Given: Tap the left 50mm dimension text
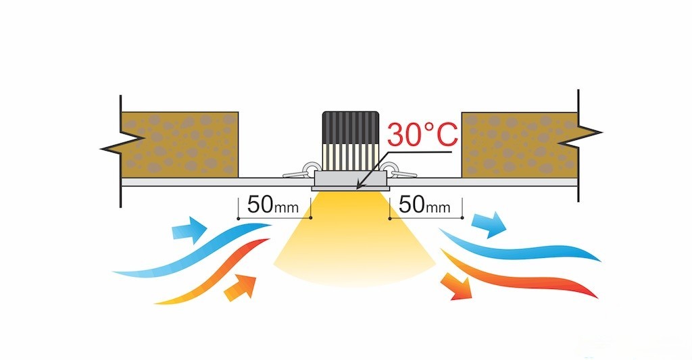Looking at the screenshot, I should [270, 205].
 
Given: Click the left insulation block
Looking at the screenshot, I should [179, 144].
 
